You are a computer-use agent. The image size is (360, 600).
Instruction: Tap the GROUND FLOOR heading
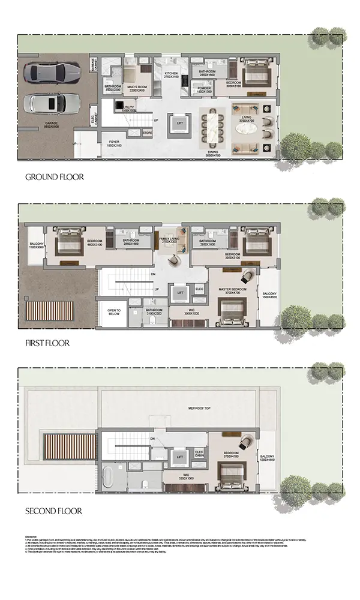(54, 177)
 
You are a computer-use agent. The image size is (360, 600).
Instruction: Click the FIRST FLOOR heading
(47, 343)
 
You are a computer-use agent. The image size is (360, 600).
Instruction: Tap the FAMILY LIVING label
(170, 241)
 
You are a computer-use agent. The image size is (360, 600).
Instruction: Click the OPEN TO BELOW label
(114, 311)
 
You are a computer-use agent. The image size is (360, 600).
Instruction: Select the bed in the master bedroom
(230, 311)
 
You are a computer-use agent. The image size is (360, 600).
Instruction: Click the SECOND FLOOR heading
(53, 511)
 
